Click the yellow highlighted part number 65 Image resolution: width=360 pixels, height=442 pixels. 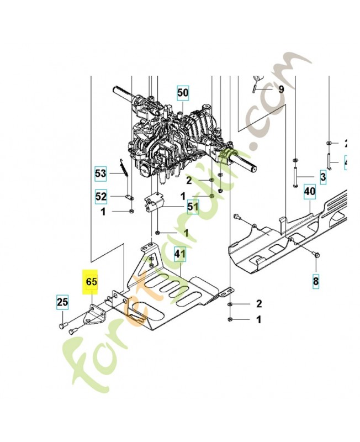point(91,282)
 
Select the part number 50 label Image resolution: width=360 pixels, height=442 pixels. point(183,92)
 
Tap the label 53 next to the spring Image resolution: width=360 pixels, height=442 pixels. point(100,174)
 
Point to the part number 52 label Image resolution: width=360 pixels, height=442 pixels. point(100,196)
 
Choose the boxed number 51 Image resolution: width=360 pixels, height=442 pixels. point(192,207)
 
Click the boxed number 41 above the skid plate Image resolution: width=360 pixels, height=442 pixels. point(179,254)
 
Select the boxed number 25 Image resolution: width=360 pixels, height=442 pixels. point(62,302)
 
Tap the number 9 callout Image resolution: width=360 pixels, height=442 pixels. point(281,89)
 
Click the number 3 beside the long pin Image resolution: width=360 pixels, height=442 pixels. point(322,177)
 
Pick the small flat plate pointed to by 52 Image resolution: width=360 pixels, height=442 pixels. point(130,196)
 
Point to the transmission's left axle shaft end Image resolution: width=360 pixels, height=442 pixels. point(118,89)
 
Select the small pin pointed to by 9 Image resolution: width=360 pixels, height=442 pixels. point(253,87)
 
